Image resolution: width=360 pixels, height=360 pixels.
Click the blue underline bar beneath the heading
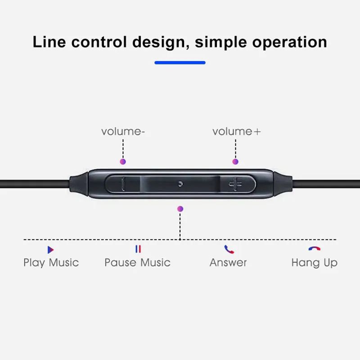[x=180, y=63]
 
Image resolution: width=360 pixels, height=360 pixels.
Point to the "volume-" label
[x=123, y=131]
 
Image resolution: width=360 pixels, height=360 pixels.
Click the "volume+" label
[x=236, y=131]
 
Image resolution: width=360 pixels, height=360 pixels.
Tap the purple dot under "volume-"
[x=123, y=161]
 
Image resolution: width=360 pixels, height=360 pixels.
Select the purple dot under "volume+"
[x=235, y=161]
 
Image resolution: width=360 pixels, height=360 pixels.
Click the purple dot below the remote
[x=180, y=209]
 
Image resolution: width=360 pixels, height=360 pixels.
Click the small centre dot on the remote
[x=180, y=184]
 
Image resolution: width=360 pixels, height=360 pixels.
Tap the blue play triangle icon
[x=50, y=250]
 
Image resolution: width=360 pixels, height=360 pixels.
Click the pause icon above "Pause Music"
[x=138, y=249]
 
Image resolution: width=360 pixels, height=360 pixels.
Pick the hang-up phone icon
[x=314, y=248]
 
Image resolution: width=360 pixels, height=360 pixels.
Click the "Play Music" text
[x=51, y=262]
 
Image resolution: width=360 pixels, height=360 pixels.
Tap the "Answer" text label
[x=228, y=262]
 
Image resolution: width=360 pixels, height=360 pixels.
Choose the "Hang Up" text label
[x=314, y=262]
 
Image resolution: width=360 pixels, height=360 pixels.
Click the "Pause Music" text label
[x=137, y=262]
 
